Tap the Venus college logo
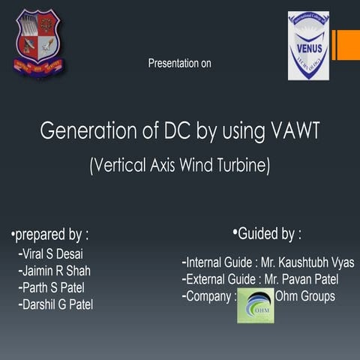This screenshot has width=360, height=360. (x=308, y=45)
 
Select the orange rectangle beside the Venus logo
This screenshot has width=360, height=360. (x=346, y=45)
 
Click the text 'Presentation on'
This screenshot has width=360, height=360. (x=180, y=64)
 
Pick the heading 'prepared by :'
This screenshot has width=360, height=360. (x=50, y=235)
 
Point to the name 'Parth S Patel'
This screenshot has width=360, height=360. (x=56, y=287)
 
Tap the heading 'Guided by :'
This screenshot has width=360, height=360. (x=268, y=235)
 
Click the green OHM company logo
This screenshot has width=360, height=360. (x=255, y=305)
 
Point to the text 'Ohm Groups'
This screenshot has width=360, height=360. (x=305, y=297)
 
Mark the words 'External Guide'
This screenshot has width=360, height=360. (x=222, y=280)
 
